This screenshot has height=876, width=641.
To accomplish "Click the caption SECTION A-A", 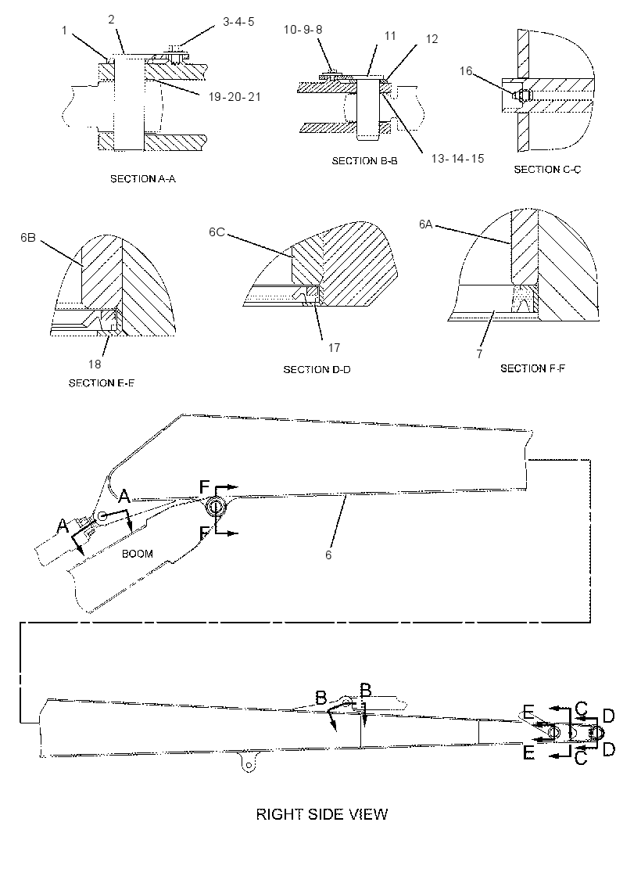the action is (x=143, y=179).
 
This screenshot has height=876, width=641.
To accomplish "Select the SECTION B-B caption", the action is (x=364, y=161).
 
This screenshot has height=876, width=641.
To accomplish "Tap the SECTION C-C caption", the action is (x=547, y=169).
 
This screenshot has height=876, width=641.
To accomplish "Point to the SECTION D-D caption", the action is (x=317, y=369).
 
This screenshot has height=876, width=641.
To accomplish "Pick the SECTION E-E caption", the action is (x=102, y=383).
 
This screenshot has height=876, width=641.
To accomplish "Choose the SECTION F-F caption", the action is (x=532, y=368).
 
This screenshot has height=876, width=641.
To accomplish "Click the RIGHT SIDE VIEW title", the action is (x=321, y=814).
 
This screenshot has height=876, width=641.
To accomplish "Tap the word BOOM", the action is (x=138, y=554).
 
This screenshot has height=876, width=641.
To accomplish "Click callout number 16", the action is (x=466, y=71).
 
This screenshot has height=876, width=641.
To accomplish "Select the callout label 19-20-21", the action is (x=235, y=97).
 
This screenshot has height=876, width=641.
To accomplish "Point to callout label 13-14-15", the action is (x=457, y=158).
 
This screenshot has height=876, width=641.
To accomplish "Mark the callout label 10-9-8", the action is (x=303, y=29).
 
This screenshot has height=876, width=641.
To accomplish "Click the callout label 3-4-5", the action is (x=238, y=22).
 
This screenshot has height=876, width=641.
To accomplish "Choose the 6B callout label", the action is (x=28, y=238).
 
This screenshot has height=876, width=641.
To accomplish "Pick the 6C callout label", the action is (x=217, y=232).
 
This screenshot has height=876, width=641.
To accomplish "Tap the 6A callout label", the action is (x=425, y=224).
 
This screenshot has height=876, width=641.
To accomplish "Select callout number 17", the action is (x=334, y=348).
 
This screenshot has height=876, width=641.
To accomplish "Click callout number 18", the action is (x=95, y=364).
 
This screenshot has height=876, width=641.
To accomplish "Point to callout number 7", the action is (x=479, y=354).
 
